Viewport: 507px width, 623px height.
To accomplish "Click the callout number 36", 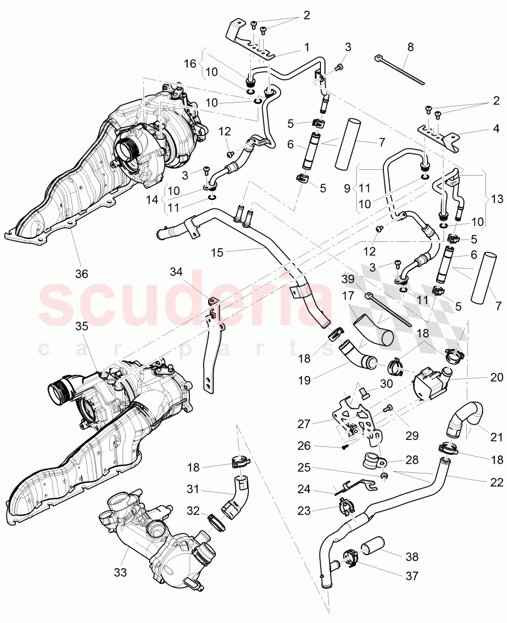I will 82,274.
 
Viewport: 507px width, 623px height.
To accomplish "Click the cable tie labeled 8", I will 400,70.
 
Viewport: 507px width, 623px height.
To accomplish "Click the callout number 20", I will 496,377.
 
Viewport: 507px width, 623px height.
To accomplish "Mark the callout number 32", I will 194,511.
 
